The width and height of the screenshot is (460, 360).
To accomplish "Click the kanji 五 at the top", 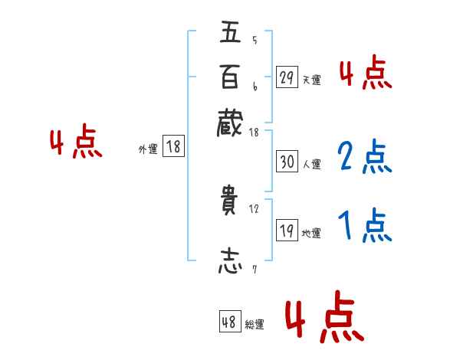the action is pyautogui.click(x=229, y=34).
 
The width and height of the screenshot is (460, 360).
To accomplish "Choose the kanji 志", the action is pyautogui.click(x=229, y=260).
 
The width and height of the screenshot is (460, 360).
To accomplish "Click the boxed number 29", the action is pyautogui.click(x=287, y=77).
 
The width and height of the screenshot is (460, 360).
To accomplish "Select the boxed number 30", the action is pyautogui.click(x=287, y=162).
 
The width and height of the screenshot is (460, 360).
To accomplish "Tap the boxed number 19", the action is pyautogui.click(x=287, y=231).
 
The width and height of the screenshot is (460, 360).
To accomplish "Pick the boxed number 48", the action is pyautogui.click(x=229, y=322).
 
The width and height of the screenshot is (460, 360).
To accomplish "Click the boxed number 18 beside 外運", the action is pyautogui.click(x=174, y=148).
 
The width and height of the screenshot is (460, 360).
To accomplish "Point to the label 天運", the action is pyautogui.click(x=311, y=80).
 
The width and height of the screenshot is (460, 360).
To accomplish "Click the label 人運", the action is pyautogui.click(x=311, y=164).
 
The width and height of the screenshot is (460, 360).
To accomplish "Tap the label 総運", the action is pyautogui.click(x=255, y=325).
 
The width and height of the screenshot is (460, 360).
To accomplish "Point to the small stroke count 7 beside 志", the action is pyautogui.click(x=255, y=269).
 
